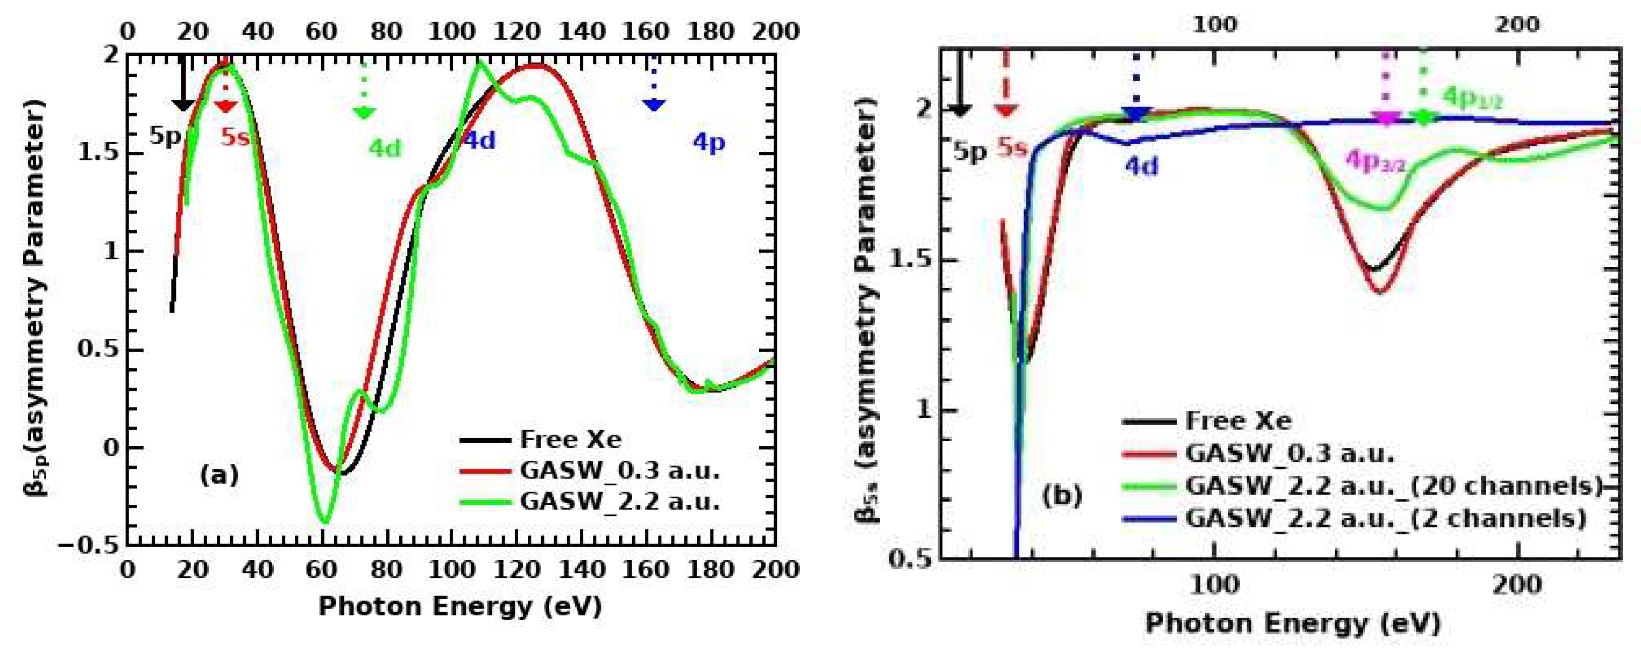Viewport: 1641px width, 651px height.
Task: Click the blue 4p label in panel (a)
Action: [708, 143]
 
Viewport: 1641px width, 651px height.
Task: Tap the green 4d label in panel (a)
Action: [385, 148]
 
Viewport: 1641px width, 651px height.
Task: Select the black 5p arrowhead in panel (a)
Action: [183, 104]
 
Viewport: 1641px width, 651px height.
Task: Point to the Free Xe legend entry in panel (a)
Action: [570, 440]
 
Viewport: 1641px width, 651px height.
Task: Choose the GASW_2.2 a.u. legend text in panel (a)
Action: [619, 502]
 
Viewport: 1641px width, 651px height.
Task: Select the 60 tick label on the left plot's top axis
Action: [322, 31]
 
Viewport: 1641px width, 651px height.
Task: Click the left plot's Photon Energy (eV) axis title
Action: [460, 607]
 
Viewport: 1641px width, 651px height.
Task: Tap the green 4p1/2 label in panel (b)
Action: [1472, 97]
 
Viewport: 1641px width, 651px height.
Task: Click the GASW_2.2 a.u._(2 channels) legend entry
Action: [1385, 518]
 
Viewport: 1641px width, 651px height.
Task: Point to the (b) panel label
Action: [1062, 496]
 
